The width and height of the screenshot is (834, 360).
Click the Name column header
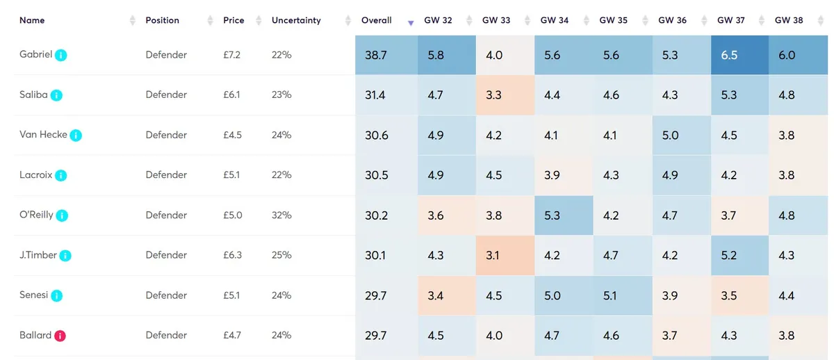click(x=32, y=20)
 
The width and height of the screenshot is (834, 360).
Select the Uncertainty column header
click(x=296, y=20)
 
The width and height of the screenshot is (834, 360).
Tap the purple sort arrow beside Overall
click(x=411, y=23)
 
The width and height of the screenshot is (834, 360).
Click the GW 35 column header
click(x=613, y=20)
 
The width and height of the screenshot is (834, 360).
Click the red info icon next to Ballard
click(x=60, y=336)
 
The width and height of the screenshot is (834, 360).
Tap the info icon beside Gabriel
click(x=61, y=55)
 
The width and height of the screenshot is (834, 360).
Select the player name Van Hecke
click(x=43, y=135)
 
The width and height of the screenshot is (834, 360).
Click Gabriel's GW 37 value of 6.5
click(x=729, y=55)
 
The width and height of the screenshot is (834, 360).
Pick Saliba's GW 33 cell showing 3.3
click(x=493, y=95)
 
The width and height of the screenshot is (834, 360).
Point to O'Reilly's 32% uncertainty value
click(x=281, y=215)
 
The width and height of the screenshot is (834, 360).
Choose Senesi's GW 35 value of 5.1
click(x=610, y=296)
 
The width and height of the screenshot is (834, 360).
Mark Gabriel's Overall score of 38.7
click(x=376, y=55)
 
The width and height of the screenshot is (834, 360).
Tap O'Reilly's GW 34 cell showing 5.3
click(x=552, y=215)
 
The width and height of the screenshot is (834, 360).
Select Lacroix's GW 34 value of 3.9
click(x=552, y=175)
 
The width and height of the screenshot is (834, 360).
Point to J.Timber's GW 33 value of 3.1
click(x=493, y=255)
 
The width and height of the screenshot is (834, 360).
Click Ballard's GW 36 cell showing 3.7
click(x=670, y=336)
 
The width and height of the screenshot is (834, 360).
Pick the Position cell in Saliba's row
click(x=166, y=95)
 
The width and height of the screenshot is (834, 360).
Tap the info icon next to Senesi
click(x=57, y=296)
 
